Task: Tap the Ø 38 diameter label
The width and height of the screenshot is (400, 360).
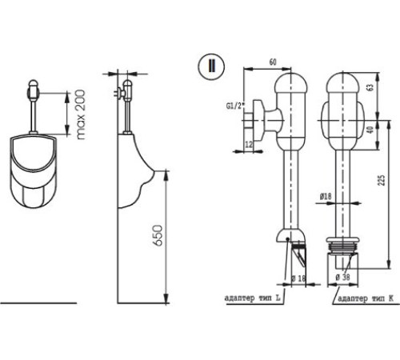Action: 342,278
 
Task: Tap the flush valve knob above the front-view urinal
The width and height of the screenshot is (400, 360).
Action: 34,86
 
